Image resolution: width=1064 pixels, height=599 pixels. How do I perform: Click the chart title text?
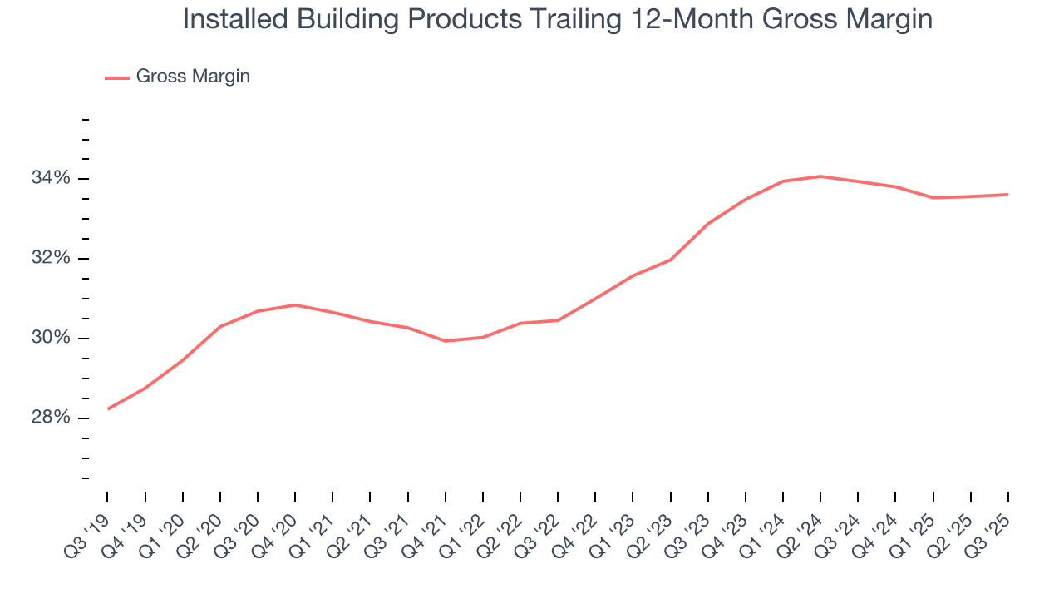(557, 19)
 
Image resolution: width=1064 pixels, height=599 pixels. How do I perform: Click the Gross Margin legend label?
(193, 77)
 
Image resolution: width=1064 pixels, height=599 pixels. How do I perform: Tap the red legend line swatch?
(117, 77)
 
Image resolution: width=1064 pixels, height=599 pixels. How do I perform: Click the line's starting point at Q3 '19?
(108, 408)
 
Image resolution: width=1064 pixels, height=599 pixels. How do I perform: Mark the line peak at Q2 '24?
(820, 176)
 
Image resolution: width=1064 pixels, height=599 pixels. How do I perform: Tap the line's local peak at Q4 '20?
(295, 305)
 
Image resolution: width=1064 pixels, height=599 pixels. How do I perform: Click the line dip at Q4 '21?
(446, 341)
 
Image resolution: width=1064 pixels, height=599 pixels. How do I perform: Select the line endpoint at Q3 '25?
(1007, 195)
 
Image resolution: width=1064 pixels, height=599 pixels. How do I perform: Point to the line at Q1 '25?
(933, 198)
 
